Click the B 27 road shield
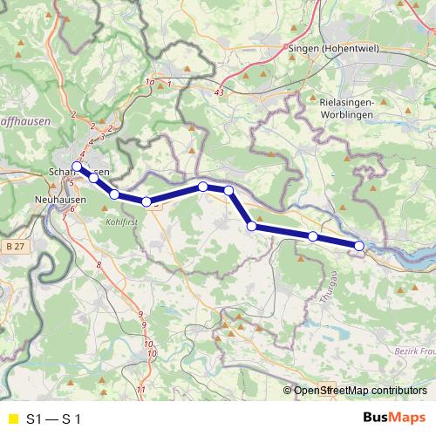pyautogui.click(x=12, y=248)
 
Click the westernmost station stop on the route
pyautogui.click(x=77, y=167)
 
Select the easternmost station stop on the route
pyautogui.click(x=359, y=246)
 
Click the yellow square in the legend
pyautogui.click(x=12, y=419)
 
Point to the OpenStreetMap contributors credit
pyautogui.click(x=359, y=392)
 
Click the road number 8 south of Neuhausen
pyautogui.click(x=99, y=264)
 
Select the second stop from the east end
pyautogui.click(x=313, y=236)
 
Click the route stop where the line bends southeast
pyautogui.click(x=228, y=190)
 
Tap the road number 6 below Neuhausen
pyautogui.click(x=72, y=209)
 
